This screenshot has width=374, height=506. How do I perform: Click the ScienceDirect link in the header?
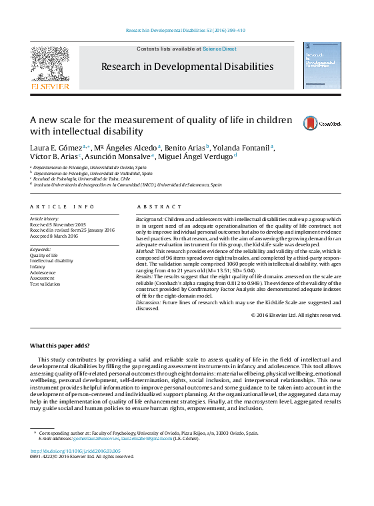pos(219,49)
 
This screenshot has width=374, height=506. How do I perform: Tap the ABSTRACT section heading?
pos(159,207)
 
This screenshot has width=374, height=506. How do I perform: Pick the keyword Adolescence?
pos(43,272)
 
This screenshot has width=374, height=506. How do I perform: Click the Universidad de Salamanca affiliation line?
pos(127,185)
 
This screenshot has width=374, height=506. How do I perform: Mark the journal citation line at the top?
pos(186,31)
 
